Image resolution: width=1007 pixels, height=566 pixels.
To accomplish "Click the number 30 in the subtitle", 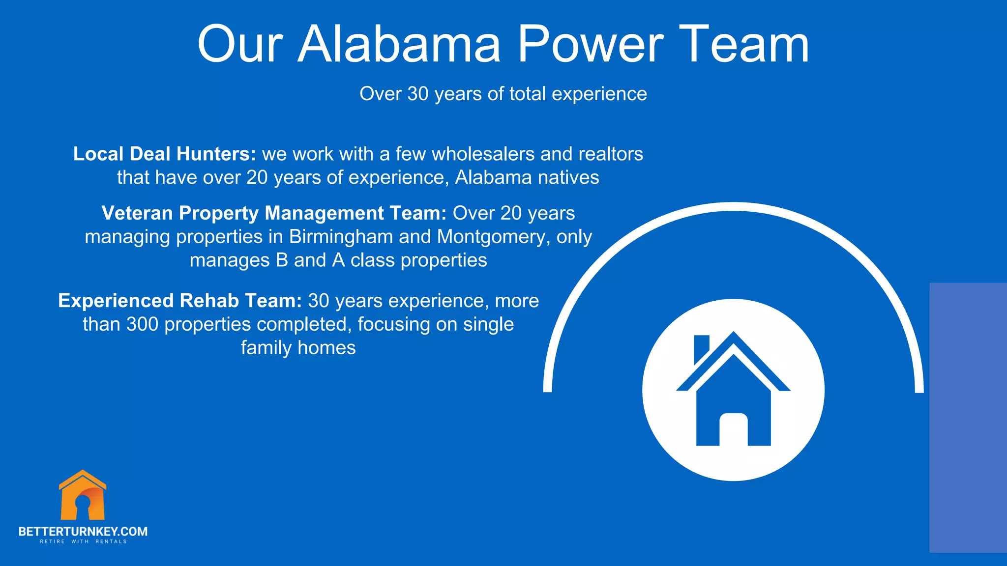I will click(x=418, y=94).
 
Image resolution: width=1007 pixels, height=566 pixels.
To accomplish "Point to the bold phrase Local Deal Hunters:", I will click(x=165, y=154).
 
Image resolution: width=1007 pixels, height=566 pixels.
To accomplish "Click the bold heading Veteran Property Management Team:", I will click(x=274, y=213).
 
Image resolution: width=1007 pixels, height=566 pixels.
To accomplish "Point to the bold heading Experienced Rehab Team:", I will click(x=180, y=301).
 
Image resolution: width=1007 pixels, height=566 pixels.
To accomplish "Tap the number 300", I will click(x=142, y=324).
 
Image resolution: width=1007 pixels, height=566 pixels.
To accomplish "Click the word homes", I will click(x=326, y=348).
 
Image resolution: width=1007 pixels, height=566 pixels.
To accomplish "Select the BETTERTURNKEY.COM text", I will click(x=83, y=531).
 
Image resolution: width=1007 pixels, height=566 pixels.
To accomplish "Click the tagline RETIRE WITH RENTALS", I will click(x=83, y=541).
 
